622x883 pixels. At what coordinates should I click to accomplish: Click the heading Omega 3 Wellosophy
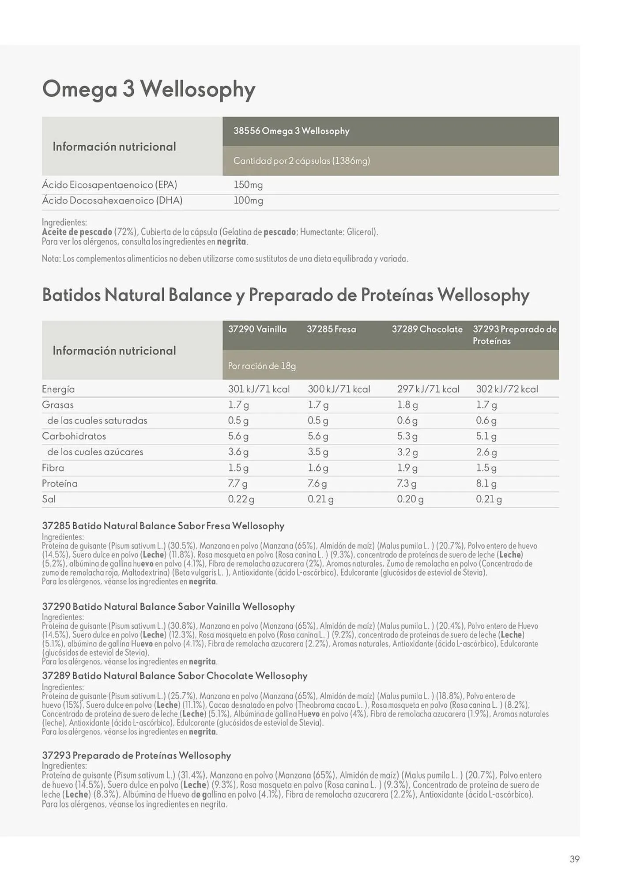click(148, 89)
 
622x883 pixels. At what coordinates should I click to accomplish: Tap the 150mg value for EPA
click(248, 185)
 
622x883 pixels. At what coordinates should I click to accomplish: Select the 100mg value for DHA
click(248, 201)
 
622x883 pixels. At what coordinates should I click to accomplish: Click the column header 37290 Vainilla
click(257, 329)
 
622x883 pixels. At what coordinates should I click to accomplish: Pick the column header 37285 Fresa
click(331, 329)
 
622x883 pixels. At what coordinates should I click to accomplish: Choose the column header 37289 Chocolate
click(427, 329)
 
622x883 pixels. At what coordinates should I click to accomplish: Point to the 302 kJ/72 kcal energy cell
click(507, 389)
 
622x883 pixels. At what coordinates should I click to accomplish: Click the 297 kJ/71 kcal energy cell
click(428, 389)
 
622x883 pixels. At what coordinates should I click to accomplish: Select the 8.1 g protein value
click(486, 484)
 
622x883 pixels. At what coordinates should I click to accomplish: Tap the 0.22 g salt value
click(241, 499)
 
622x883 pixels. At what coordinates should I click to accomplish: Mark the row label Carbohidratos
click(74, 436)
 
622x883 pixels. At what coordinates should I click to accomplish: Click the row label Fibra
click(53, 468)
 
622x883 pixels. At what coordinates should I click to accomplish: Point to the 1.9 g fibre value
click(407, 468)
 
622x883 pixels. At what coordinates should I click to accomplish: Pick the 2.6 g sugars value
click(486, 453)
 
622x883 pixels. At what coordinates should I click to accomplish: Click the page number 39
click(574, 859)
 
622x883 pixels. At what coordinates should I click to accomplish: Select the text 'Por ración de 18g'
click(262, 366)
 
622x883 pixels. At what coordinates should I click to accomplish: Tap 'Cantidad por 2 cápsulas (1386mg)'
click(302, 161)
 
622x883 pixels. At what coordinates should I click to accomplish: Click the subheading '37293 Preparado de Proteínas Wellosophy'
click(136, 755)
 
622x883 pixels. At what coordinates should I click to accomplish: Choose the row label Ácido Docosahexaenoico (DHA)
click(112, 201)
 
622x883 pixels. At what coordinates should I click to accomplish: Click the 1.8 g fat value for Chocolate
click(407, 405)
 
